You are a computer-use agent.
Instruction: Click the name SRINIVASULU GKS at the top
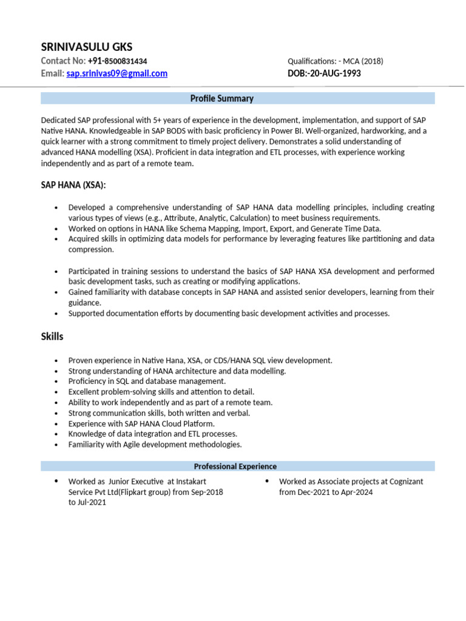(x=86, y=47)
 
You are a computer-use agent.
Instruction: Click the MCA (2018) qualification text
(x=363, y=61)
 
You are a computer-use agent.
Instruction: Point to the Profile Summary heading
(x=221, y=98)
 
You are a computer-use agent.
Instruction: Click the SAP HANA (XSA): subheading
(x=77, y=184)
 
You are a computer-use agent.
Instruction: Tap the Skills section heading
(x=52, y=336)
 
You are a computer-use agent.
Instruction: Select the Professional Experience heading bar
(x=235, y=466)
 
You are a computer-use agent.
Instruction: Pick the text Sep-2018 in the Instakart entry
(x=207, y=492)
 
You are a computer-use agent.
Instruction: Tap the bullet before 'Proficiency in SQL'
(x=56, y=381)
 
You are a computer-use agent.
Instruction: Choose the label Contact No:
(x=63, y=61)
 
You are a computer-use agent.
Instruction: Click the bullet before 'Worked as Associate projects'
(x=267, y=482)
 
